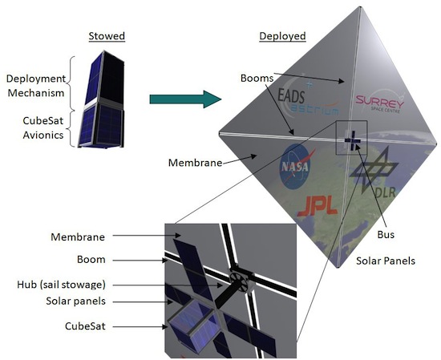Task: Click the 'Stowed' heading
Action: click(107, 36)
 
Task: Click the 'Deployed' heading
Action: click(282, 36)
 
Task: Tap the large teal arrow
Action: click(185, 99)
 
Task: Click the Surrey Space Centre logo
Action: click(380, 102)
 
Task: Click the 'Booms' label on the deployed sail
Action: click(257, 78)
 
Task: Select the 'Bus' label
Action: click(386, 234)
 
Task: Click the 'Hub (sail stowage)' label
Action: click(61, 285)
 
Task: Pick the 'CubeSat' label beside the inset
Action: click(85, 326)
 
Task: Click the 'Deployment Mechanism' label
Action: click(36, 86)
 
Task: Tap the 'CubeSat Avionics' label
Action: click(43, 128)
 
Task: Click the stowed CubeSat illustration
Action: click(101, 99)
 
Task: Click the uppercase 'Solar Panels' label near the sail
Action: click(386, 261)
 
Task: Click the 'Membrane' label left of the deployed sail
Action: click(195, 163)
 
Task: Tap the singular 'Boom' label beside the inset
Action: click(91, 259)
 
